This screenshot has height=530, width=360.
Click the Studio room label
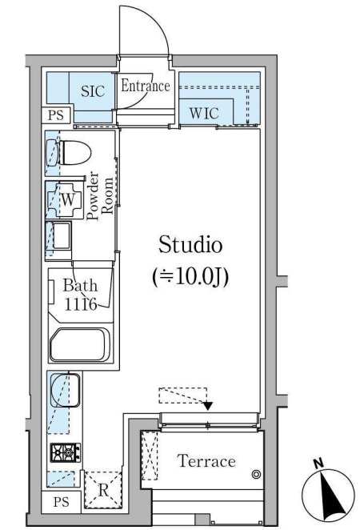pos(190,245)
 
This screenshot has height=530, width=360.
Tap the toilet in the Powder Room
pos(69,153)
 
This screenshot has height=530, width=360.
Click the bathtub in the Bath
pos(80,344)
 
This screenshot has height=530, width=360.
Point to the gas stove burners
pos(66,452)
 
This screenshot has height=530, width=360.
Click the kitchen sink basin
pos(65,390)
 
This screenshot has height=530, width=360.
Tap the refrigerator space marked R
pos(102,490)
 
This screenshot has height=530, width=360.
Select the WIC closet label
pos(204,113)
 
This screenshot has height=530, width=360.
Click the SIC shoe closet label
pos(93,91)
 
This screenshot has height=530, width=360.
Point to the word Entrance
pos(146,86)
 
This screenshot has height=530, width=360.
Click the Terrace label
pos(206,461)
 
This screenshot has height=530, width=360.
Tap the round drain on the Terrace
pos(256,474)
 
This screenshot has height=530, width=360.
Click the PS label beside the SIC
pos(56,115)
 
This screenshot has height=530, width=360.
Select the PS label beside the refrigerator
pos(61,502)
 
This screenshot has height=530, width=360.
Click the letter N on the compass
pos(318,464)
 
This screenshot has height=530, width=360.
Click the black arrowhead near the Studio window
pos(208,406)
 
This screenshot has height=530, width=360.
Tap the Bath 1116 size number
pos(81,304)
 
